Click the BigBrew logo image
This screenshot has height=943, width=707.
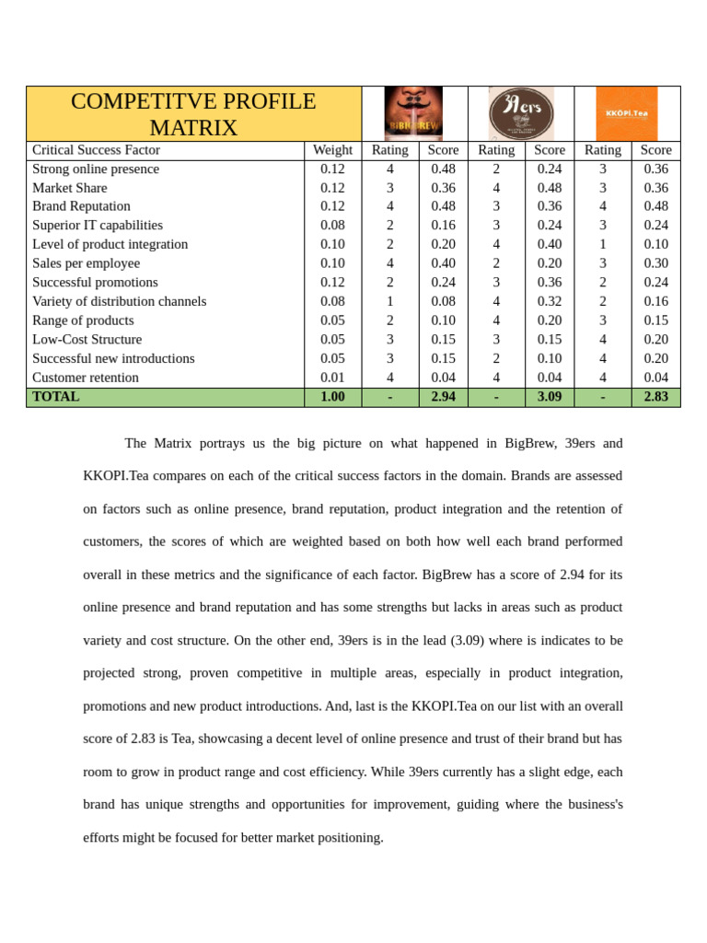coord(413,113)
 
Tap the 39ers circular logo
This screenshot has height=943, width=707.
coord(521,113)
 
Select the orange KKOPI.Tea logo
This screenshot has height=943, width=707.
coord(627,113)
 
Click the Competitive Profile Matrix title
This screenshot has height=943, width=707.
coord(193,114)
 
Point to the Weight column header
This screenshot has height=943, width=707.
coord(332,150)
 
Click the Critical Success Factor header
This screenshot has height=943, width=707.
coord(96,150)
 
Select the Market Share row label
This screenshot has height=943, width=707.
coord(70,188)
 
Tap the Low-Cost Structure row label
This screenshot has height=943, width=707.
coord(87,340)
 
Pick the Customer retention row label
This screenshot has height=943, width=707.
coord(86,378)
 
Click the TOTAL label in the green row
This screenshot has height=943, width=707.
coord(56,397)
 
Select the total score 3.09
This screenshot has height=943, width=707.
coord(550,397)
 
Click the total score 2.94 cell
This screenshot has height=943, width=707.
coord(443,397)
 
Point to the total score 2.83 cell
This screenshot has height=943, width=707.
coord(655,397)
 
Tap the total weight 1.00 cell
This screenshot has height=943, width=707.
coord(332,397)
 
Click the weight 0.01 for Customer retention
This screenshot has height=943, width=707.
coord(332,378)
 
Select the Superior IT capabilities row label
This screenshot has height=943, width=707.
coord(98,226)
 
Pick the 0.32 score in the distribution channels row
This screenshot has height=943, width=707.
coord(550,301)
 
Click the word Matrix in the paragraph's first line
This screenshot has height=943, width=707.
coord(173,443)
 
